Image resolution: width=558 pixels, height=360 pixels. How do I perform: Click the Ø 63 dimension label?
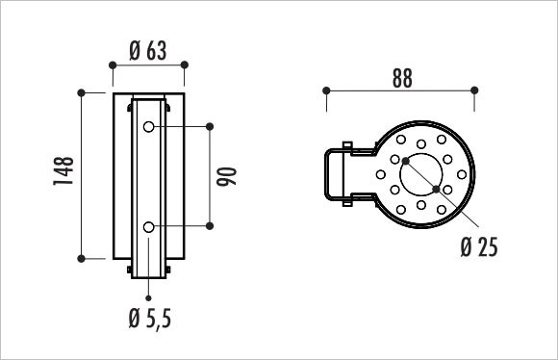pos(148,51)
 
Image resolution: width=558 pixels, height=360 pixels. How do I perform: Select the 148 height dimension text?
pos(63,171)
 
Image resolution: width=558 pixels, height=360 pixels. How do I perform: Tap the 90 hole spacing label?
pos(227,176)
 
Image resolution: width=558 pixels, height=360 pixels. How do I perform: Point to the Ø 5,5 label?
pos(150,318)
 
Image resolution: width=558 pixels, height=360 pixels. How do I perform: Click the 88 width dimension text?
pos(402,78)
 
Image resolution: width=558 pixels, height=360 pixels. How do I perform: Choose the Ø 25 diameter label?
pos(479,246)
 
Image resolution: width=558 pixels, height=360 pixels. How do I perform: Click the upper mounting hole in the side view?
pos(148,126)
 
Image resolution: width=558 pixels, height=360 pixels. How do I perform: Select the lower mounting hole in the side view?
pos(148,227)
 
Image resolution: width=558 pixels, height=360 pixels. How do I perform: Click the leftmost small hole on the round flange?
pos(381,174)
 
